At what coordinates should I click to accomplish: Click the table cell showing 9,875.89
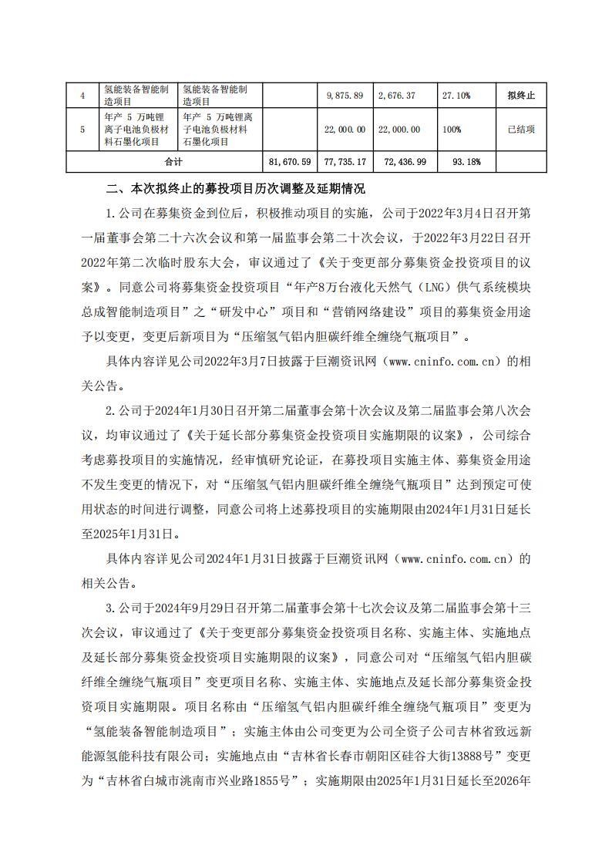(345, 95)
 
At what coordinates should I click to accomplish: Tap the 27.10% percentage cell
(456, 95)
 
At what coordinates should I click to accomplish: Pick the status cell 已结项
(521, 130)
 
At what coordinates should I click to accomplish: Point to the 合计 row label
(174, 162)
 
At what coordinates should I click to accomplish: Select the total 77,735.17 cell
(345, 162)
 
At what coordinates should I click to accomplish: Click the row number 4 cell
(82, 95)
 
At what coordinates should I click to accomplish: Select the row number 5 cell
(82, 130)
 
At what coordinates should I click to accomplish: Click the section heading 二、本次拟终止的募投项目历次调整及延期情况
(235, 189)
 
